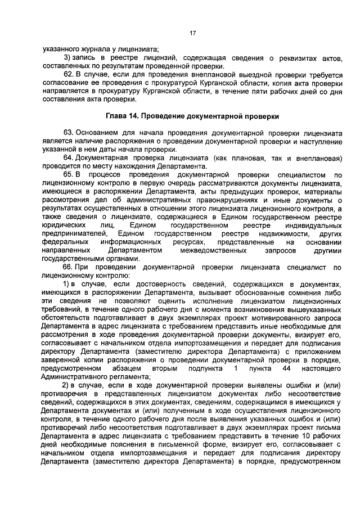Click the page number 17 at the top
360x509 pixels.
[192, 33]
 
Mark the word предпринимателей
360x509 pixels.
[73, 233]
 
